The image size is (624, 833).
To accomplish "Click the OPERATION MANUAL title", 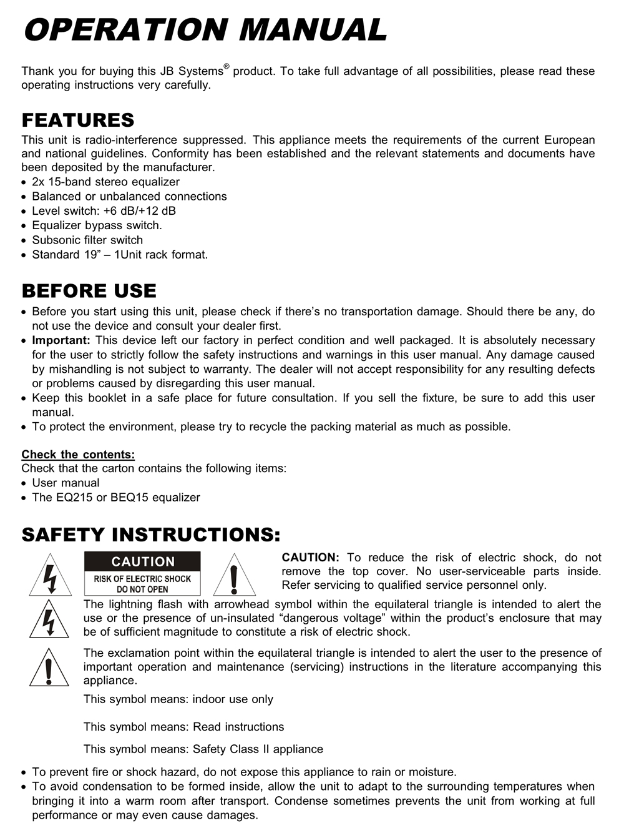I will (205, 30).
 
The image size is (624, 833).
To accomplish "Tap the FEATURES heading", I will (78, 120).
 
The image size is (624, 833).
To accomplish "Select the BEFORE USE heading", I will (89, 291).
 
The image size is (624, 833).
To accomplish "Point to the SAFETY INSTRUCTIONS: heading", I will (151, 535).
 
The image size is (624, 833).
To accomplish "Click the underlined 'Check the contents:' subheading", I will (78, 455).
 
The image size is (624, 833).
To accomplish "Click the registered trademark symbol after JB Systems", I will (227, 66).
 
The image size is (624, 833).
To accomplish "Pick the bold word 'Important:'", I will (61, 340).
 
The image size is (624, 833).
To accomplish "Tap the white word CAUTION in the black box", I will (143, 561).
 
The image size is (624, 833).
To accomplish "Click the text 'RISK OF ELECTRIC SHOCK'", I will (142, 579).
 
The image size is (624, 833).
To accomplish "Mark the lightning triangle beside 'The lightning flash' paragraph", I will (49, 619).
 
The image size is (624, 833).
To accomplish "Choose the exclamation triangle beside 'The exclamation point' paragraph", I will (49, 668).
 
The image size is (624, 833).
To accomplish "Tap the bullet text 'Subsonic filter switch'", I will (87, 240).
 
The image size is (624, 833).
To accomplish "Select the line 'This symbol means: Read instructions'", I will (183, 727).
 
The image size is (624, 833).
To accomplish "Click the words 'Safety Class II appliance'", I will (258, 749).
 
